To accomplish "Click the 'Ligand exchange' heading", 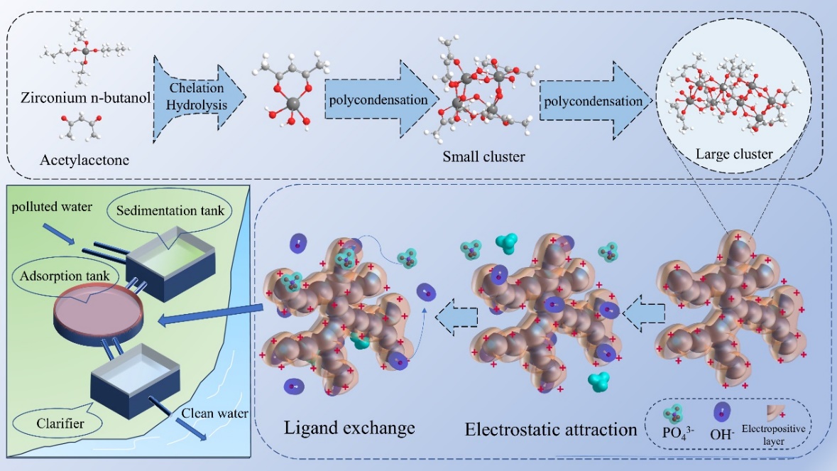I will point(349,428).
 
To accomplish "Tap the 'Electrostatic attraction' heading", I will point(551,429).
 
